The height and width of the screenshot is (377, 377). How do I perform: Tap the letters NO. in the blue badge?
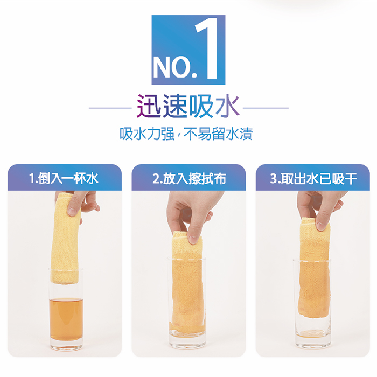coord(175,67)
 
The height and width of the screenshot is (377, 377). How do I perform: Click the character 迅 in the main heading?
coord(149,106)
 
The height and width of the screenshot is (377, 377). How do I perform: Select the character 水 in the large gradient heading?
coord(227,106)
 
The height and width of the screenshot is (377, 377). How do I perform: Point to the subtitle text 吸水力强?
coord(146,134)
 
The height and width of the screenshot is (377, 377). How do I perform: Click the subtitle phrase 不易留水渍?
coord(218,134)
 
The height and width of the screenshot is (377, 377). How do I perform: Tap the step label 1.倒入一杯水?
coord(64,178)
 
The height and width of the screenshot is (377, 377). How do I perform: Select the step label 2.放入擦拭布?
coord(189,178)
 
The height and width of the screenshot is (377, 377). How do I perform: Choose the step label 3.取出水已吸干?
coord(313,178)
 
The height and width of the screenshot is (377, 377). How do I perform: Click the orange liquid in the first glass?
coord(66,320)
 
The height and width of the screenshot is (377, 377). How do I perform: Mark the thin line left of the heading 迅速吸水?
coord(110,108)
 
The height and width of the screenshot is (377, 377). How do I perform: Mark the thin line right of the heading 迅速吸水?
coord(266,108)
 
